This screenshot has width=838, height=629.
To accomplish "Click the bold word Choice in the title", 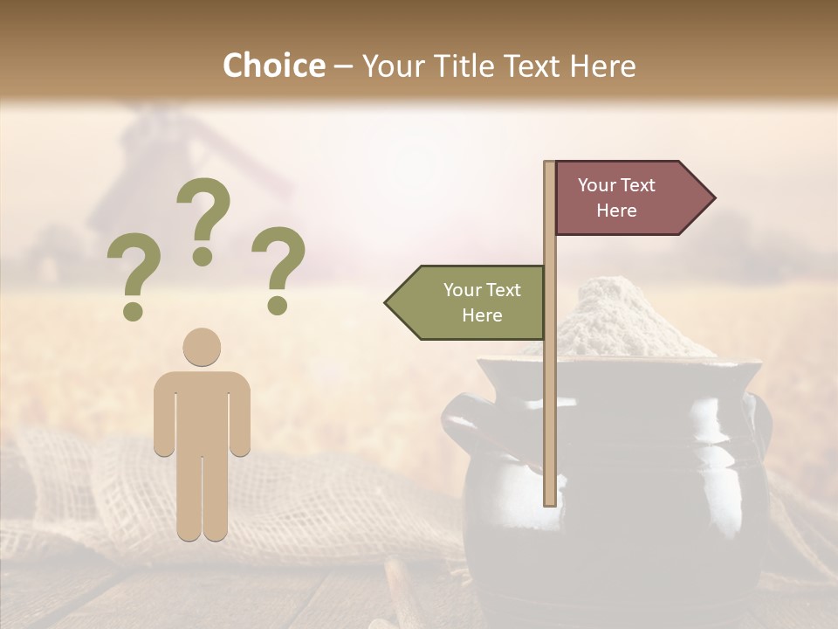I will (x=273, y=66).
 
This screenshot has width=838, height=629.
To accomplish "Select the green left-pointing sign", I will (x=471, y=302).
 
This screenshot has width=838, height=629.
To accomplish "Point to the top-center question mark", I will (x=203, y=214).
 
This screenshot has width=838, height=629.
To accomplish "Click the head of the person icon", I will (x=202, y=347).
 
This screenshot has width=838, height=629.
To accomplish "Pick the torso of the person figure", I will (x=202, y=411).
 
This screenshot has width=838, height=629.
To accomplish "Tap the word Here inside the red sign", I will (x=616, y=211).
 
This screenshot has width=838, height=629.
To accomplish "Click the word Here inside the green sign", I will (x=482, y=315).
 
